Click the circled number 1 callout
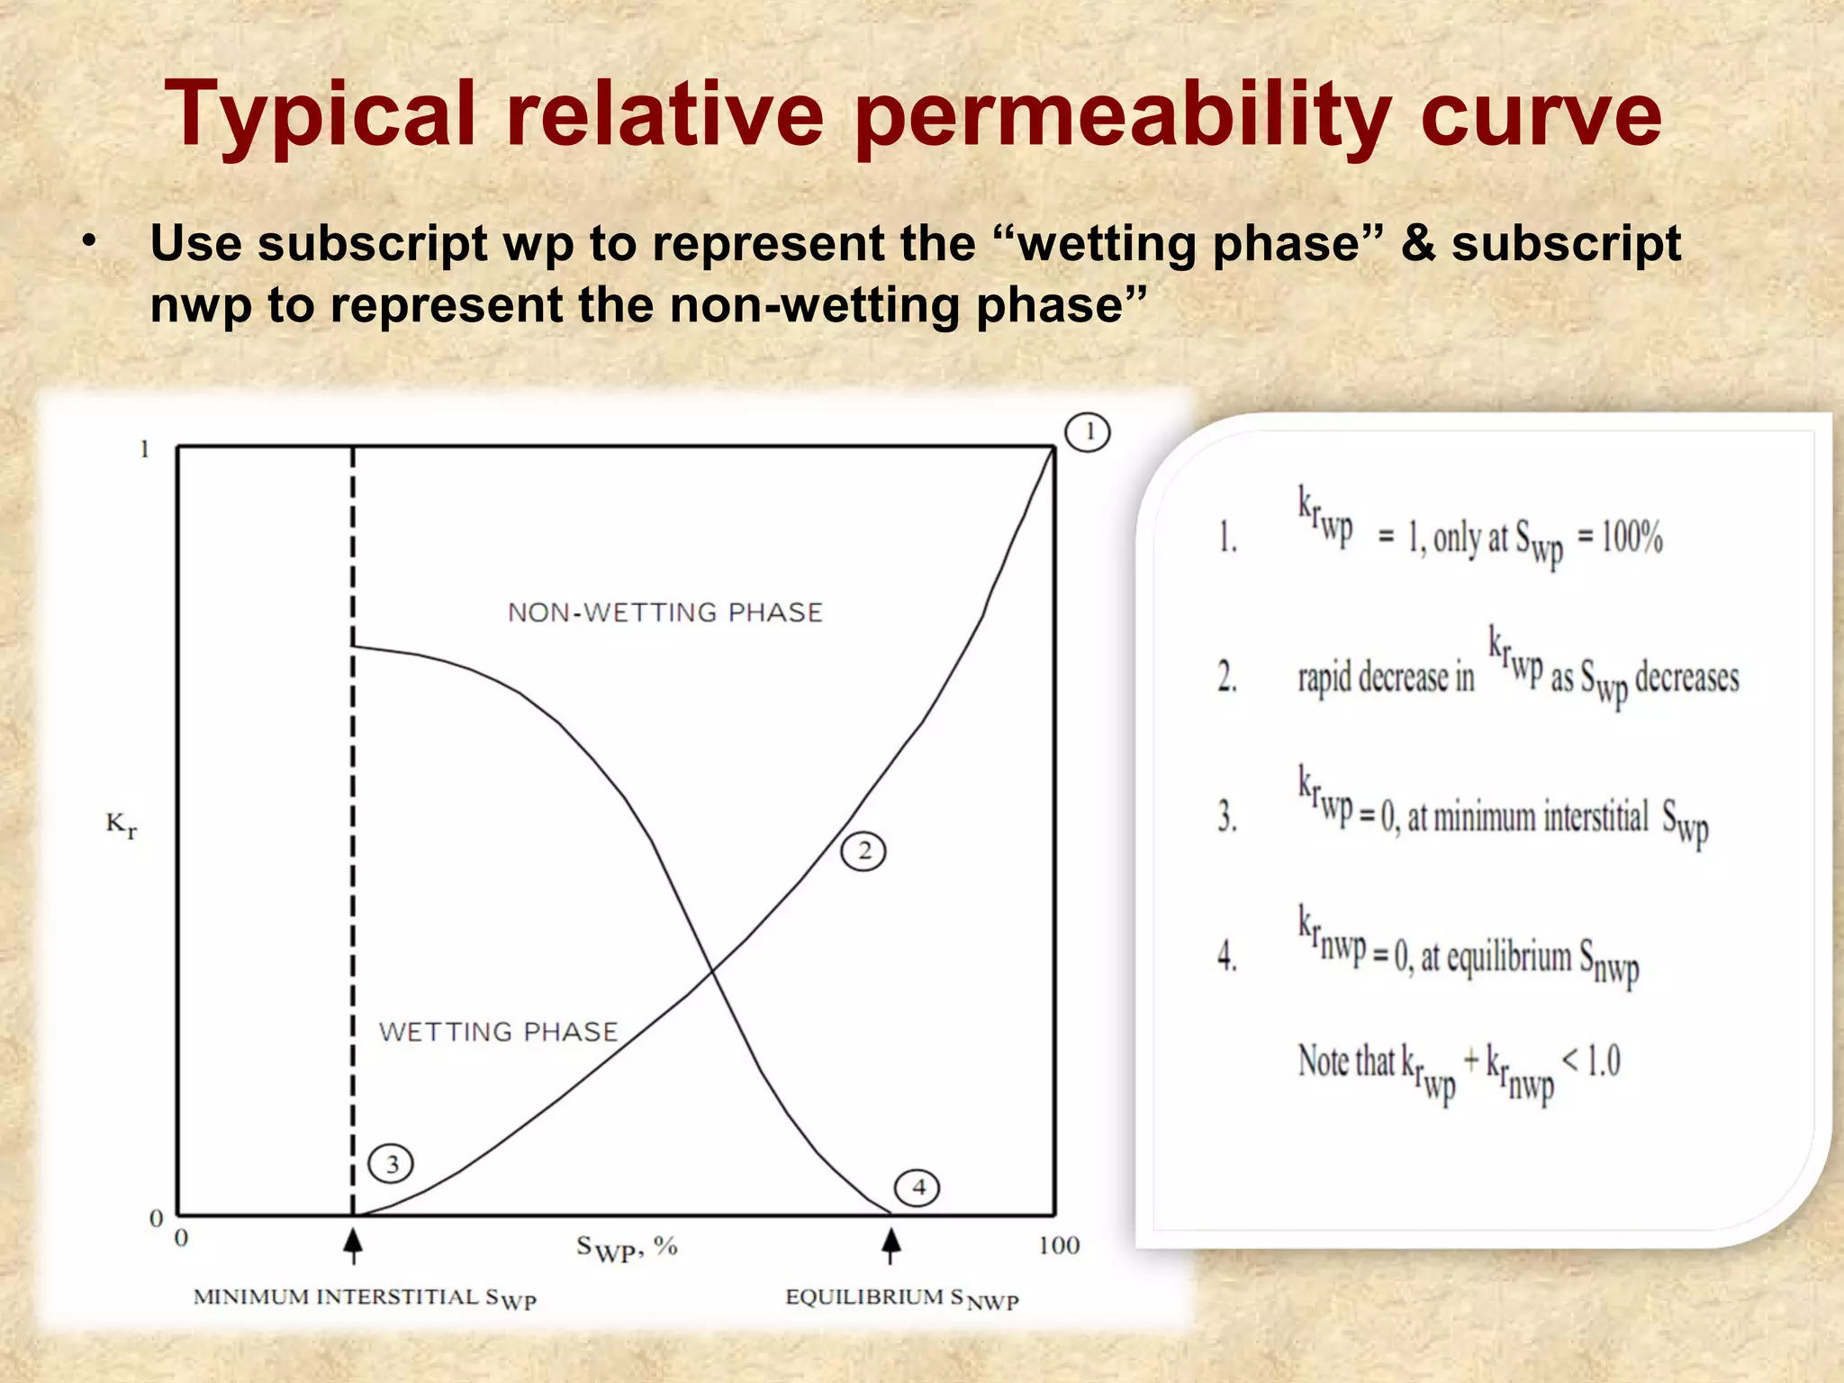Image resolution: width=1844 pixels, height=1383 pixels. [1087, 432]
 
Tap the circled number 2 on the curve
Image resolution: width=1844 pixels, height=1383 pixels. [863, 851]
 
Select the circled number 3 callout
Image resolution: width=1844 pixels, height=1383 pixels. [391, 1164]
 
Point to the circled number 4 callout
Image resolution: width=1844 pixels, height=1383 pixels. [917, 1188]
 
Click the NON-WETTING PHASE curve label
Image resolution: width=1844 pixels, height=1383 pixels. [665, 613]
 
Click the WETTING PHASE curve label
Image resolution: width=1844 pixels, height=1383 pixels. [498, 1032]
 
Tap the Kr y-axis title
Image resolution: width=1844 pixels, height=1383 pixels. [122, 824]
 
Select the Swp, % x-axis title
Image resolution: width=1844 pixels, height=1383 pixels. [627, 1249]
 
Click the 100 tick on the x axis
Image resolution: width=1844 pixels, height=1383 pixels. [1059, 1246]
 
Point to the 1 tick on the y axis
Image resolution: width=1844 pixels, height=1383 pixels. [144, 449]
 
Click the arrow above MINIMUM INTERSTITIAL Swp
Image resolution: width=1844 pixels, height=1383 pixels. [353, 1244]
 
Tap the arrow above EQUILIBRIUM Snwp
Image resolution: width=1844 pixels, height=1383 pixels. [890, 1244]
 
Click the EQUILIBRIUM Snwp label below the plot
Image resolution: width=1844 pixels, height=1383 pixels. [901, 1298]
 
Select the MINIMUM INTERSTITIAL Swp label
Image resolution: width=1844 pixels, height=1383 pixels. [365, 1298]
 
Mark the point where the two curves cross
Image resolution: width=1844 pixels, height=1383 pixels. [712, 971]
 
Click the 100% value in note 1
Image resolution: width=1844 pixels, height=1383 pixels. [1632, 538]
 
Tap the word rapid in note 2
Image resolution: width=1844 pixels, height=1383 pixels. [1324, 678]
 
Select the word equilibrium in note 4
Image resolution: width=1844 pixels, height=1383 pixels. [1496, 956]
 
